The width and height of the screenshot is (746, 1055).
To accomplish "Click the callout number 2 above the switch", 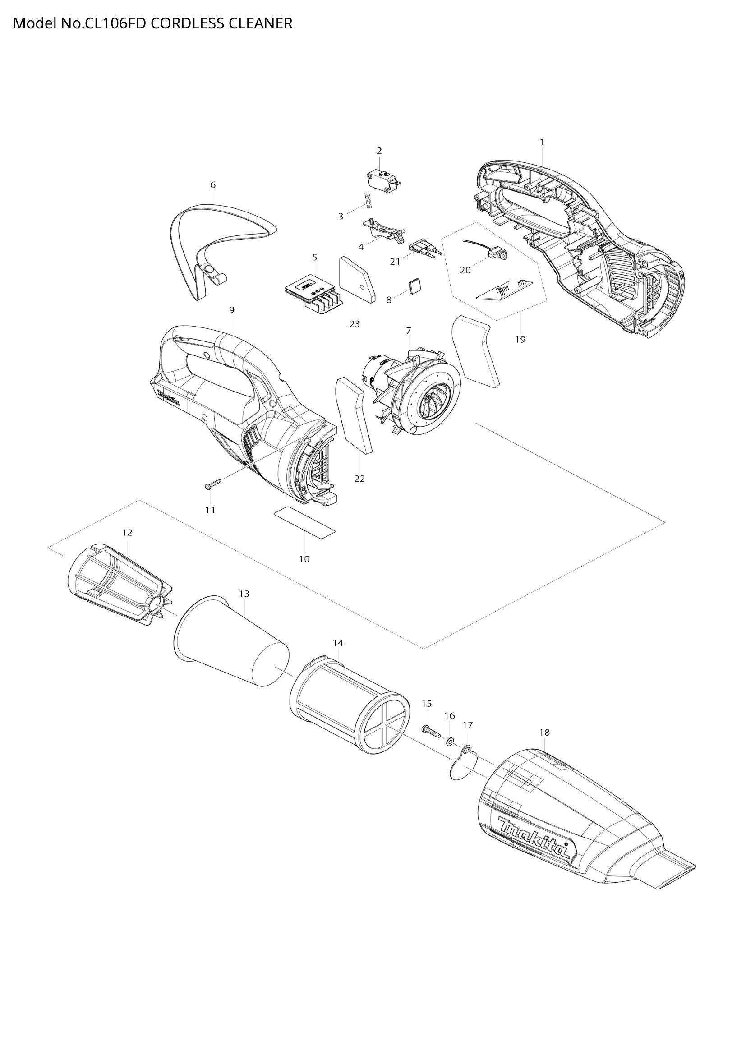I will click(379, 151).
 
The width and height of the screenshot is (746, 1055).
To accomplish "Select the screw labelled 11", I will click(213, 484).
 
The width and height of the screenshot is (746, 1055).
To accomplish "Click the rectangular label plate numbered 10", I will click(304, 522).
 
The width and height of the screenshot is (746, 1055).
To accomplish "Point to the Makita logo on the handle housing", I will click(169, 398).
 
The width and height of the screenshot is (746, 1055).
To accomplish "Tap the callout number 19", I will click(520, 340).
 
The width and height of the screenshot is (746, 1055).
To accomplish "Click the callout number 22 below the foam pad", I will click(359, 479).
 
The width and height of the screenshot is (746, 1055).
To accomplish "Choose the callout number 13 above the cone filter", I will click(244, 594).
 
